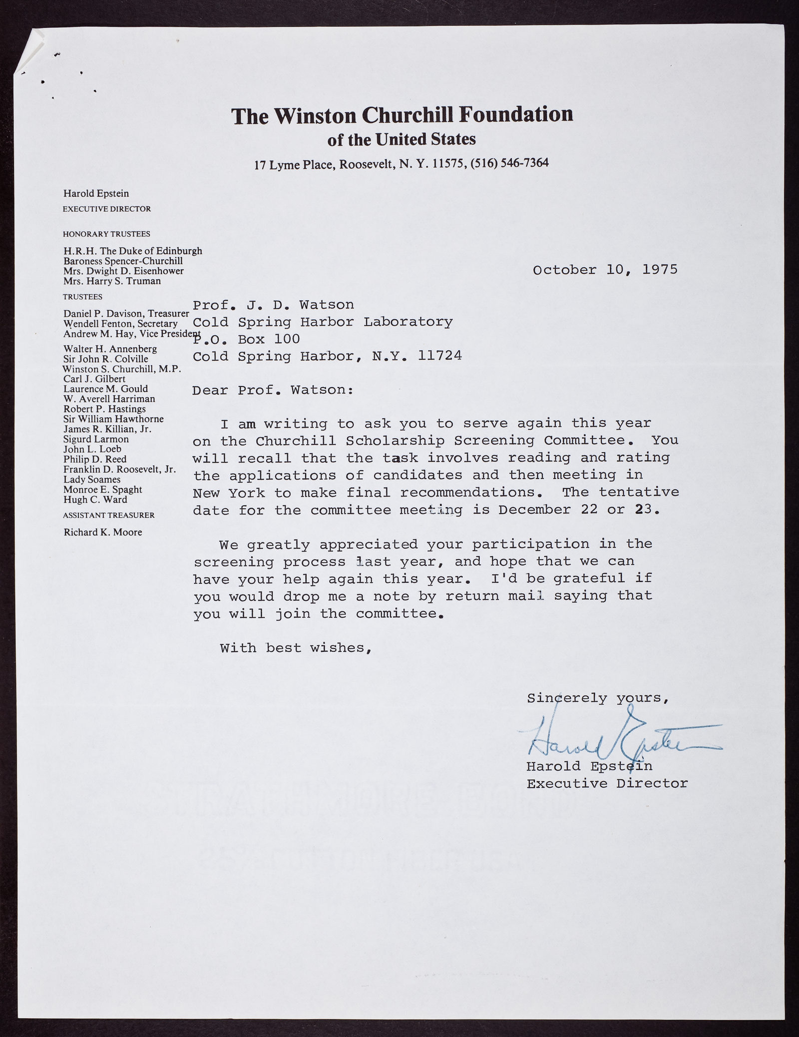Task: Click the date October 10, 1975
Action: coord(605,270)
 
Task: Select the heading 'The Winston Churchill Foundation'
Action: coord(402,115)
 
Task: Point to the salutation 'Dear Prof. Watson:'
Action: coord(273,390)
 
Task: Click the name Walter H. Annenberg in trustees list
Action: coord(110,349)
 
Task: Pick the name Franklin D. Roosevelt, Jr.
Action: coord(119,469)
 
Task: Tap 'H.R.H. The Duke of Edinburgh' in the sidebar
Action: coord(132,251)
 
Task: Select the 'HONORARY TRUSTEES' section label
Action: coord(106,234)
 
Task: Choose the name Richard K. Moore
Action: coord(103,532)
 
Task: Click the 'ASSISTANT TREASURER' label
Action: coord(108,515)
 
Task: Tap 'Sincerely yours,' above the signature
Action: coord(598,698)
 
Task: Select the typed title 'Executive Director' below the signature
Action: coord(607,783)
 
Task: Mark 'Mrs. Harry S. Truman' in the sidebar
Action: coord(112,281)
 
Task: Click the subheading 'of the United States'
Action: coord(401,139)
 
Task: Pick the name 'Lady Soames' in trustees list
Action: coord(92,479)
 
